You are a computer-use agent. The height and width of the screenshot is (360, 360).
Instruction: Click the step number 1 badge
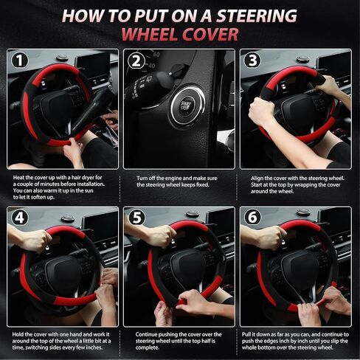(x=20, y=60)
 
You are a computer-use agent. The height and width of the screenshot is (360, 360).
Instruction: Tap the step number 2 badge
(x=136, y=61)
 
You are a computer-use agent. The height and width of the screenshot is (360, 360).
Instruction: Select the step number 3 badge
(x=252, y=60)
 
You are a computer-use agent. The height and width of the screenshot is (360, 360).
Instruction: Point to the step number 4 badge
(x=20, y=218)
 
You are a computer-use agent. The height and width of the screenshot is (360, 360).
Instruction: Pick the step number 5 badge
(x=137, y=218)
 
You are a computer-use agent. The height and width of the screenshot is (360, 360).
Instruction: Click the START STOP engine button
(x=186, y=105)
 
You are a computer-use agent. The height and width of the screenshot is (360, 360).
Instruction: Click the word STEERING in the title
(x=256, y=15)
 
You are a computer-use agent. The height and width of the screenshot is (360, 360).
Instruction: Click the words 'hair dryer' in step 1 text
(x=83, y=178)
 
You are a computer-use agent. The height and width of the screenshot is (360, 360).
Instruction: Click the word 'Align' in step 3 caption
(x=257, y=179)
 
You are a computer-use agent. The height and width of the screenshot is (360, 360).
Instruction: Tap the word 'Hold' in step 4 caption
(x=18, y=334)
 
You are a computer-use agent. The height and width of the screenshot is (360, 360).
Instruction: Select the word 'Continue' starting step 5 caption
(x=146, y=334)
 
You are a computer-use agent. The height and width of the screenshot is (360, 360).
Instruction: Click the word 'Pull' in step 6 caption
(x=246, y=334)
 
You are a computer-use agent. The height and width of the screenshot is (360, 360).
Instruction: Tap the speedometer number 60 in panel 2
(x=156, y=55)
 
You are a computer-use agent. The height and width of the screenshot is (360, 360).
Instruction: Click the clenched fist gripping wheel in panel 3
(x=260, y=110)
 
